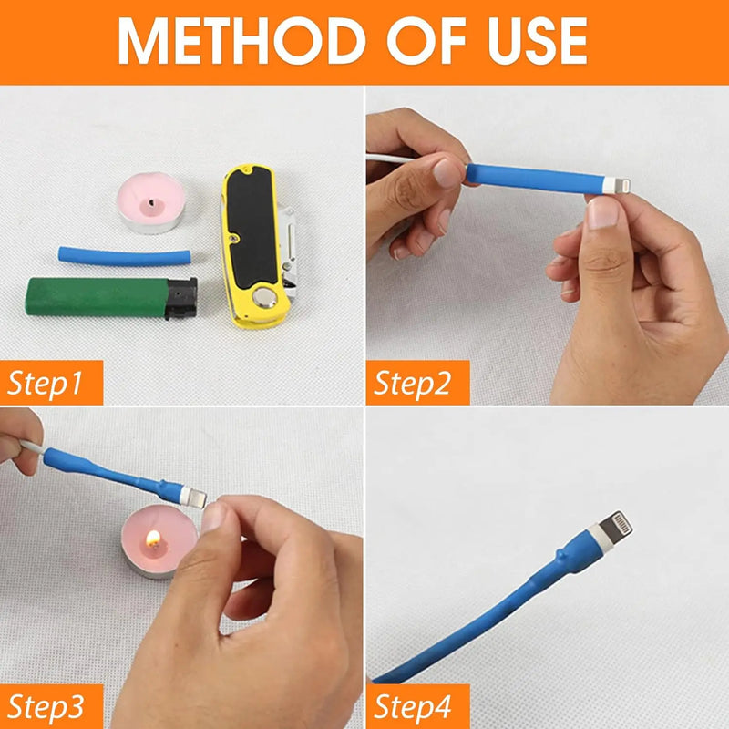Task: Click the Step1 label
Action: pyautogui.click(x=46, y=383)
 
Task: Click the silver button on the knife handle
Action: pyautogui.click(x=265, y=297)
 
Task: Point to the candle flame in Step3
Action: pyautogui.click(x=153, y=539)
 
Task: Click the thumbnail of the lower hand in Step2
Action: pyautogui.click(x=603, y=213)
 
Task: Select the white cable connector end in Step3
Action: pyautogui.click(x=193, y=497)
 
